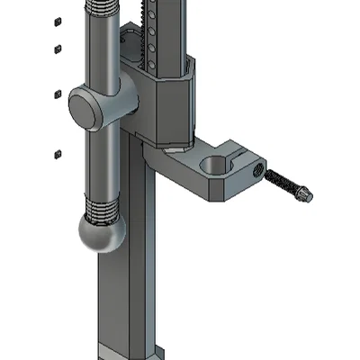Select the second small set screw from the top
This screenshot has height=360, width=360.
pyautogui.click(x=58, y=48)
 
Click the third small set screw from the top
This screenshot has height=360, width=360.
pyautogui.click(x=56, y=93)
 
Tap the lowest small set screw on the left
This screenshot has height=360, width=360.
pyautogui.click(x=57, y=153)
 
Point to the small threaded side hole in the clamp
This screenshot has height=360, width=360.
pyautogui.click(x=257, y=168)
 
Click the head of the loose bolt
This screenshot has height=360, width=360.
pyautogui.click(x=307, y=193)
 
